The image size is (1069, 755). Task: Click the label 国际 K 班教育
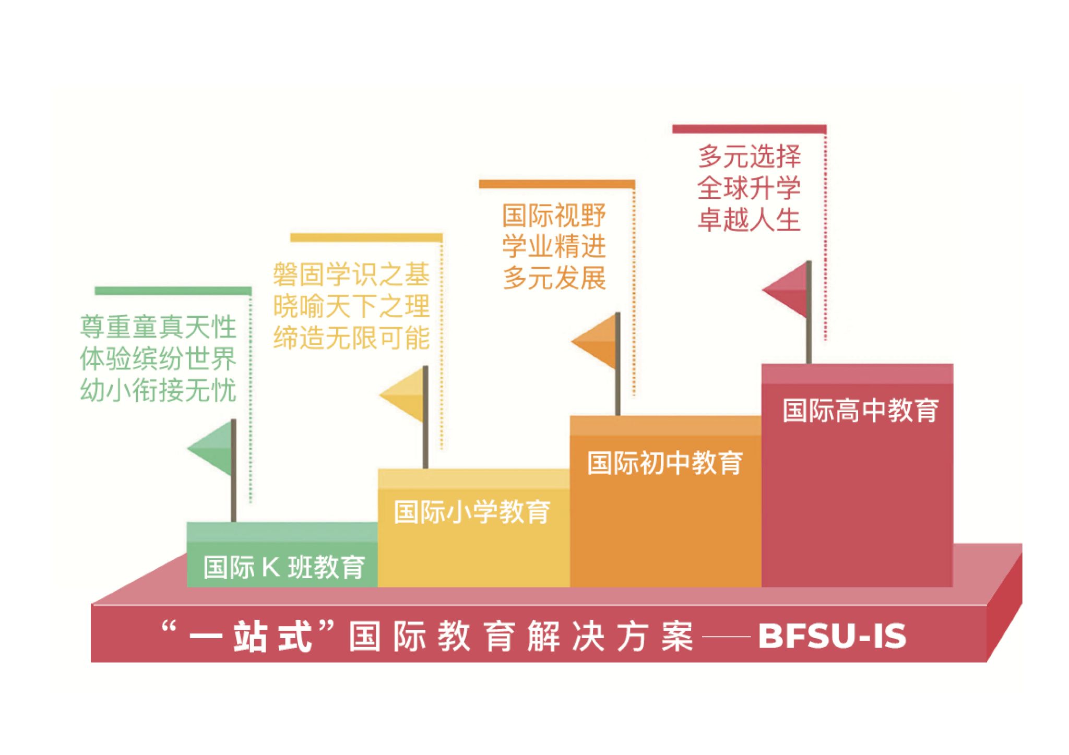pyautogui.click(x=284, y=567)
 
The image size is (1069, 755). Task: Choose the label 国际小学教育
pyautogui.click(x=472, y=512)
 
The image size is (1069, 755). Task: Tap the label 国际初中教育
pyautogui.click(x=665, y=463)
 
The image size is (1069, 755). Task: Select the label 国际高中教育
pyautogui.click(x=861, y=410)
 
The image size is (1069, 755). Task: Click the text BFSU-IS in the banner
pyautogui.click(x=833, y=636)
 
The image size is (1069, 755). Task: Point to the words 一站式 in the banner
pyautogui.click(x=251, y=637)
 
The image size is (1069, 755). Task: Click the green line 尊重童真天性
pyautogui.click(x=158, y=327)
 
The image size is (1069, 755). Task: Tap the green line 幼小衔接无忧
pyautogui.click(x=158, y=390)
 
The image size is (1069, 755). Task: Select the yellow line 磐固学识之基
pyautogui.click(x=351, y=274)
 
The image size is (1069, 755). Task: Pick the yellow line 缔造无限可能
pyautogui.click(x=351, y=338)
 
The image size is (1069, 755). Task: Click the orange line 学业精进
pyautogui.click(x=554, y=246)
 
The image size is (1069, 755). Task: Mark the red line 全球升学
pyautogui.click(x=749, y=188)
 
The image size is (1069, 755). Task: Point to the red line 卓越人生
pyautogui.click(x=749, y=219)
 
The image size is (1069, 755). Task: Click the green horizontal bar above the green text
pyautogui.click(x=173, y=291)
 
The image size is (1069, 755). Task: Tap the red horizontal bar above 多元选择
pyautogui.click(x=750, y=129)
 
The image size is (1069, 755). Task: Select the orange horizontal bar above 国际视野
pyautogui.click(x=557, y=184)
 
